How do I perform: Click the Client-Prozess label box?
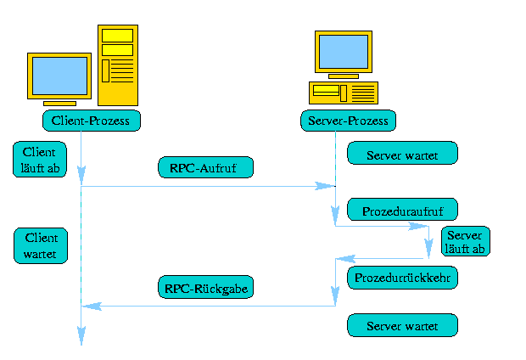click(91, 121)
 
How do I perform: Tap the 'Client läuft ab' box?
click(40, 160)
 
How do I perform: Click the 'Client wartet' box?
click(40, 245)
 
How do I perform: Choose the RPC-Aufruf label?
click(205, 167)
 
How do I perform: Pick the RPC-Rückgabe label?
click(205, 288)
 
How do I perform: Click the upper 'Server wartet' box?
click(402, 154)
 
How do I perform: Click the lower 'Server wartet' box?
click(402, 325)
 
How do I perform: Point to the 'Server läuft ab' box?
click(465, 242)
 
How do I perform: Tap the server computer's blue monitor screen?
click(344, 52)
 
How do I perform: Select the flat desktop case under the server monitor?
click(343, 92)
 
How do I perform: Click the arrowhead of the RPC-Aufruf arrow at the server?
click(326, 186)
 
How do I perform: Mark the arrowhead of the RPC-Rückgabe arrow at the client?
click(87, 306)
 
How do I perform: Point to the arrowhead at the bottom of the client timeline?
click(81, 338)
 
